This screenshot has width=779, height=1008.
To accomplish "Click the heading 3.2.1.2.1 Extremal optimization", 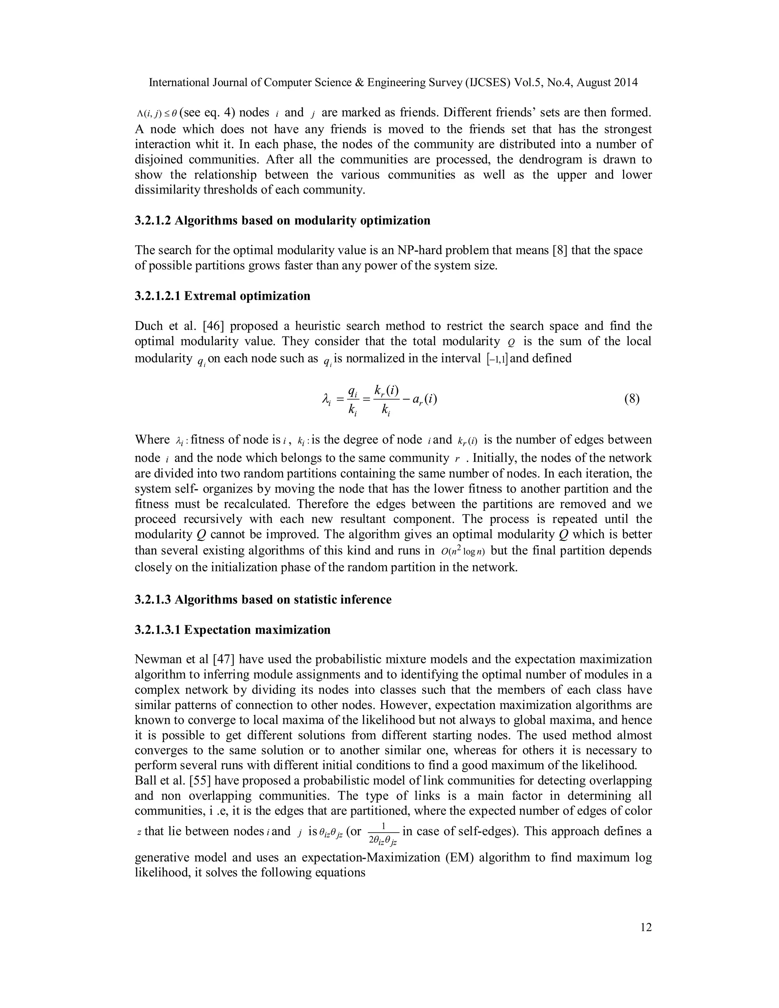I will [x=223, y=296].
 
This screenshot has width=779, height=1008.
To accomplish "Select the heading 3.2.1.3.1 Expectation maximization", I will [x=232, y=630].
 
